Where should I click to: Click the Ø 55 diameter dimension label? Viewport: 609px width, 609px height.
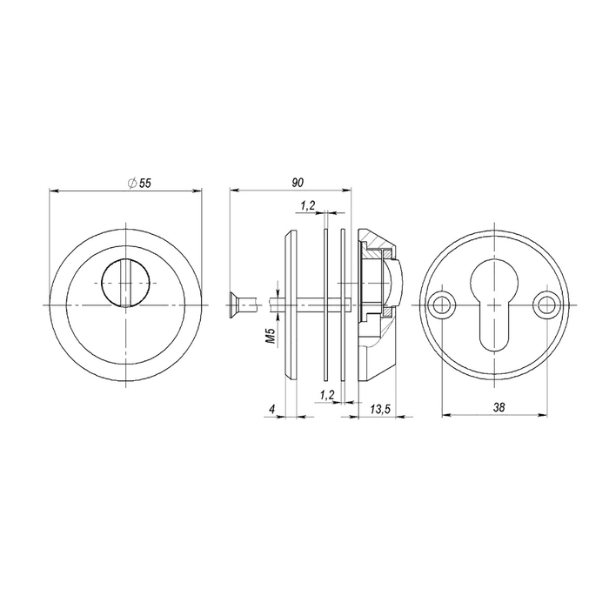pos(139,183)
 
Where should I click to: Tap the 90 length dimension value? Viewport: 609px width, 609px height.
pos(298,183)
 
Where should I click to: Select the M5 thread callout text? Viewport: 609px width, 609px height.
pos(271,336)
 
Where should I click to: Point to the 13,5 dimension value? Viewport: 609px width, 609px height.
pos(380,409)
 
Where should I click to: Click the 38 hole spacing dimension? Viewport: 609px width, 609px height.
pos(499,407)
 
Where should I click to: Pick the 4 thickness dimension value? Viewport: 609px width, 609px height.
pos(272,409)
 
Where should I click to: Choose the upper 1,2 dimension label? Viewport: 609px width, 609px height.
pos(307,206)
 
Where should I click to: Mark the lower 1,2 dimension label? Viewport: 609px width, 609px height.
pos(327,395)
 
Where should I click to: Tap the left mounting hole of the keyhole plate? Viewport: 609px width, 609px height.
pos(441,304)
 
